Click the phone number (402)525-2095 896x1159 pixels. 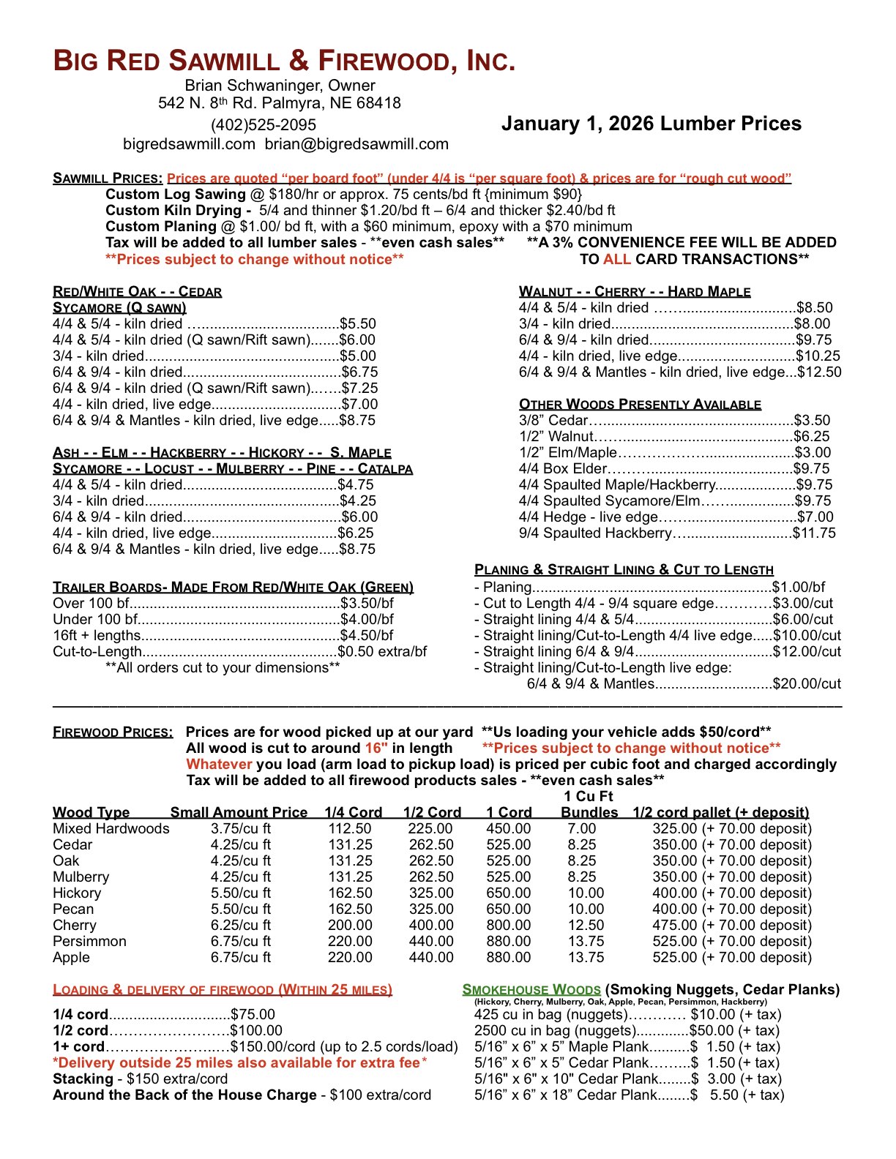point(264,125)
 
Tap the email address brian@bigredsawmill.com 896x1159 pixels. point(356,144)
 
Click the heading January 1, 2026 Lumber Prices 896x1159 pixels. point(651,124)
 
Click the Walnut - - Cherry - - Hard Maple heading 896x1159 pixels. point(634,292)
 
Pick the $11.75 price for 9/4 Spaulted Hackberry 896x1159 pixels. point(814,533)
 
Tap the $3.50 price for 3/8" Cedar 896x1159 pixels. point(813,421)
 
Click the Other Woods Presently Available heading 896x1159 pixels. point(640,405)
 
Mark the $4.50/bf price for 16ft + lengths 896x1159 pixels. point(367,636)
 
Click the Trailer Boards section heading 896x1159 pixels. point(233,588)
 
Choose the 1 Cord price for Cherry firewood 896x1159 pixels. point(508,926)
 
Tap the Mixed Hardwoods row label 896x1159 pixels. point(111,829)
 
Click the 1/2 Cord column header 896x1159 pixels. point(432,813)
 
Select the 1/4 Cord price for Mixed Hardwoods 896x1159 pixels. point(350,829)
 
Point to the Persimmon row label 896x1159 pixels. point(89,942)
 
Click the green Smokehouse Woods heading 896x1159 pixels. point(531,990)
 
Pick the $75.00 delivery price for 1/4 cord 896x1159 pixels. point(253,1015)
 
